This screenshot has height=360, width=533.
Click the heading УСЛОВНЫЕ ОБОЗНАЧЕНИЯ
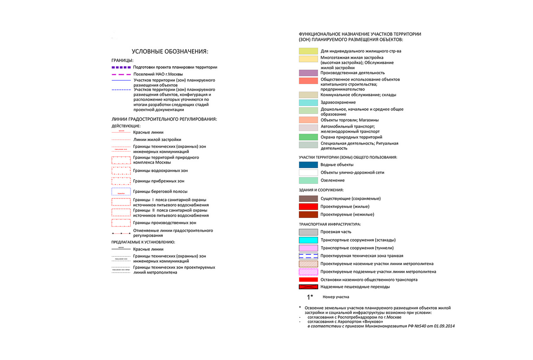(170, 51)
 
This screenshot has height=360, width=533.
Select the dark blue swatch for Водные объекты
(308, 165)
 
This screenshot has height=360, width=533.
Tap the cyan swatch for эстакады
(308, 240)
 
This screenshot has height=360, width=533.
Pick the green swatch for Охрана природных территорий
(308, 137)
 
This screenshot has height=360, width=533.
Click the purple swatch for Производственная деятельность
(308, 73)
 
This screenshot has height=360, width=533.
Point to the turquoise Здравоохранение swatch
(308, 102)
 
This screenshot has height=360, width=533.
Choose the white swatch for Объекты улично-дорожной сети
(308, 172)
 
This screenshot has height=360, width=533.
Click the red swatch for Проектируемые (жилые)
(308, 207)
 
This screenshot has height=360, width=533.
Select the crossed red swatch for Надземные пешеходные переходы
(308, 287)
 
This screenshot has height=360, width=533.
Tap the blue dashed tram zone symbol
(308, 256)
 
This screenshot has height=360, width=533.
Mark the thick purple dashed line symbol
(121, 67)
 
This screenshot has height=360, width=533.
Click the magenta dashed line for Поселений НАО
(121, 74)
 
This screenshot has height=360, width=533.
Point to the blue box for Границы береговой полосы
(121, 192)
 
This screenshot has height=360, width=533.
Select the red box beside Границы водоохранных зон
(121, 171)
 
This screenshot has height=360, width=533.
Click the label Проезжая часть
(336, 232)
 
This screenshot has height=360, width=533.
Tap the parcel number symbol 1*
(310, 297)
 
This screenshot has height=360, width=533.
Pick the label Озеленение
(332, 180)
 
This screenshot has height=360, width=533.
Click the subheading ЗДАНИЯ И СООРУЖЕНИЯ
(321, 190)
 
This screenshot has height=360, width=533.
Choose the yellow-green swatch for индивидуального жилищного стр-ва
(308, 51)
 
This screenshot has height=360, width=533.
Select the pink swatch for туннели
(308, 248)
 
